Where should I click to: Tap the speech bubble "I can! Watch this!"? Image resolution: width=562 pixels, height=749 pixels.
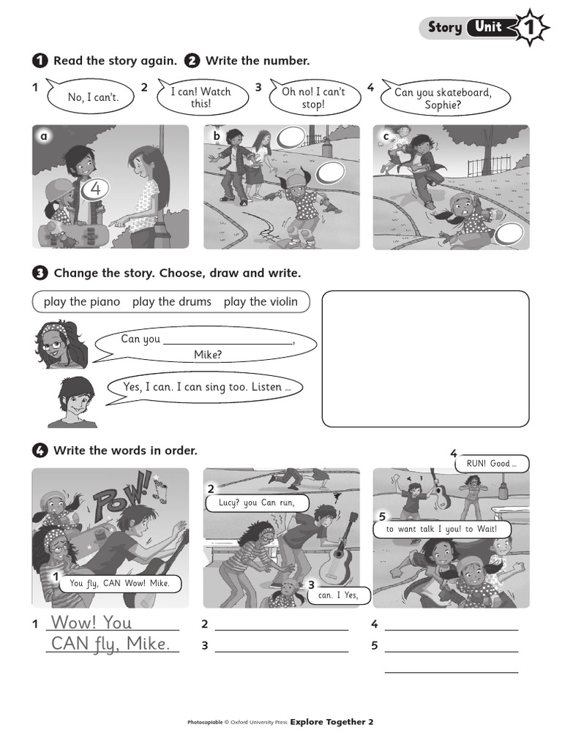(x=201, y=97)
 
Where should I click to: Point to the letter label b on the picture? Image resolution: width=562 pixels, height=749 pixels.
(x=217, y=136)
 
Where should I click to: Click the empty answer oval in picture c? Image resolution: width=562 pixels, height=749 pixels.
(x=509, y=236)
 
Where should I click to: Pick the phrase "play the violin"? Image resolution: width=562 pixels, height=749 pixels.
(x=261, y=301)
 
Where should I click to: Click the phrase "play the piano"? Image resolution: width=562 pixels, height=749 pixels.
(x=82, y=301)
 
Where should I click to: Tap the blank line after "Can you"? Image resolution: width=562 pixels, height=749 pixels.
(x=228, y=341)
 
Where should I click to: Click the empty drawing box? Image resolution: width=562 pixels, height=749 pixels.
(x=425, y=358)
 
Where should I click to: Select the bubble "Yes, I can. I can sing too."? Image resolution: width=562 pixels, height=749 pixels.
(x=203, y=387)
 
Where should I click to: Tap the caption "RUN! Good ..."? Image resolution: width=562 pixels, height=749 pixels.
(x=491, y=463)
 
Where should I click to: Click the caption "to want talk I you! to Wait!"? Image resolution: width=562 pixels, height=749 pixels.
(x=441, y=529)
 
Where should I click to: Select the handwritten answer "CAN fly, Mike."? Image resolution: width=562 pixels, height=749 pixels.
(x=110, y=644)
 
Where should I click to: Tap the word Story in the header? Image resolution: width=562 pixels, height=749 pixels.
(x=445, y=28)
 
